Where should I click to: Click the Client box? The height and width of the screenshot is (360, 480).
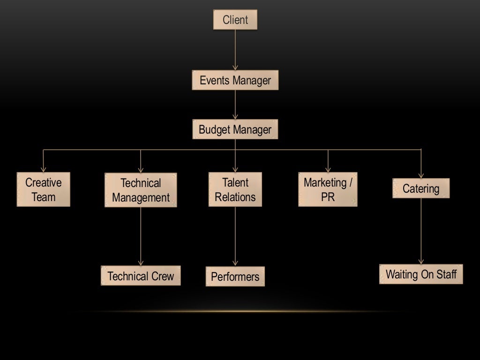click(235, 20)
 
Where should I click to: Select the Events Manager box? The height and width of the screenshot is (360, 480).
click(235, 80)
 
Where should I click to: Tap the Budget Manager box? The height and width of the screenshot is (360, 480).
click(235, 129)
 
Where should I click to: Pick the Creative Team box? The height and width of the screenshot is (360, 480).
click(43, 189)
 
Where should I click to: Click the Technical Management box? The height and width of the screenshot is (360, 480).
click(141, 190)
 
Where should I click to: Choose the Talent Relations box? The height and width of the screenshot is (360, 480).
click(235, 189)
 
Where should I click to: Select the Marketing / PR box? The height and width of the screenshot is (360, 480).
click(328, 189)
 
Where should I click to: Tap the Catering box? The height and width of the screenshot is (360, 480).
click(421, 188)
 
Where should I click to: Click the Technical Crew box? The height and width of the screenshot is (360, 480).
click(141, 276)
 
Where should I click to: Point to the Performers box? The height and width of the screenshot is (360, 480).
click(235, 277)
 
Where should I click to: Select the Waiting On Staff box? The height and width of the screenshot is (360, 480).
click(421, 274)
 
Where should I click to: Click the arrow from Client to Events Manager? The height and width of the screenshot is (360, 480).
click(235, 50)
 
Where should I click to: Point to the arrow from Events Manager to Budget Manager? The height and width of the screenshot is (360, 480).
click(235, 105)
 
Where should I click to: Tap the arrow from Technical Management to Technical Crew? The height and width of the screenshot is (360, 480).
click(141, 236)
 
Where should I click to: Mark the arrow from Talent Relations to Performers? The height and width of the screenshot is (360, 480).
click(235, 236)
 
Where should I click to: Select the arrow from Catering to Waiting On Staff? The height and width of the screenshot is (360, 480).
click(421, 231)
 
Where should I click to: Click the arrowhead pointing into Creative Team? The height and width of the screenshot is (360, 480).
click(43, 169)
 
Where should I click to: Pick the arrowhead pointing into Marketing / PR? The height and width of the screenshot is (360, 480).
click(328, 169)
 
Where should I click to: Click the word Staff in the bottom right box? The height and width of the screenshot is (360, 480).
click(446, 274)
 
